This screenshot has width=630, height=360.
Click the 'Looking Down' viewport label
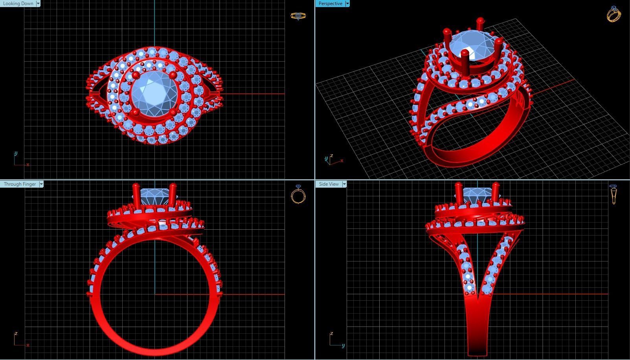[x=18, y=4]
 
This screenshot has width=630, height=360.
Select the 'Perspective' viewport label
[x=330, y=4]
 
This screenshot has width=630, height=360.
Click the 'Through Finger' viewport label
[x=19, y=184]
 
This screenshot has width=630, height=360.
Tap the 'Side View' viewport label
[x=329, y=184]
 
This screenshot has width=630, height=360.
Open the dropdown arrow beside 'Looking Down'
[x=38, y=4]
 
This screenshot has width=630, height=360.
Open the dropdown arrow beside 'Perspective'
[x=347, y=4]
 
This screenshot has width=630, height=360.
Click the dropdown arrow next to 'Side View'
[x=344, y=184]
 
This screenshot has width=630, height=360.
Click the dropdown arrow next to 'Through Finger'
[x=41, y=184]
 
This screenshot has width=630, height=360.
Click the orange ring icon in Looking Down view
[x=298, y=16]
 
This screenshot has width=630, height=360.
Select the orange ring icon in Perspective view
[x=613, y=14]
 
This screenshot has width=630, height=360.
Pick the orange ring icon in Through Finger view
[x=298, y=194]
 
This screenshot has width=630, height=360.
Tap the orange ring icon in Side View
[x=613, y=194]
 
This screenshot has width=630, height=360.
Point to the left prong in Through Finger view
[x=136, y=194]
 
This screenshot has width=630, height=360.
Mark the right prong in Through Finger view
[x=173, y=194]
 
